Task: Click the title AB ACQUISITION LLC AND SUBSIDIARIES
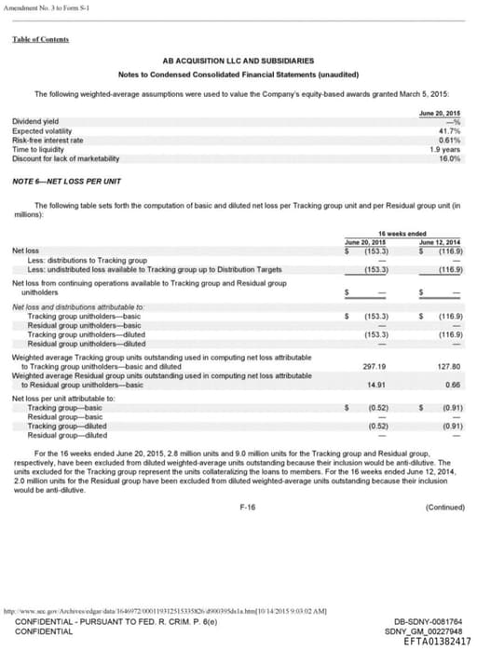[x=238, y=60]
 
